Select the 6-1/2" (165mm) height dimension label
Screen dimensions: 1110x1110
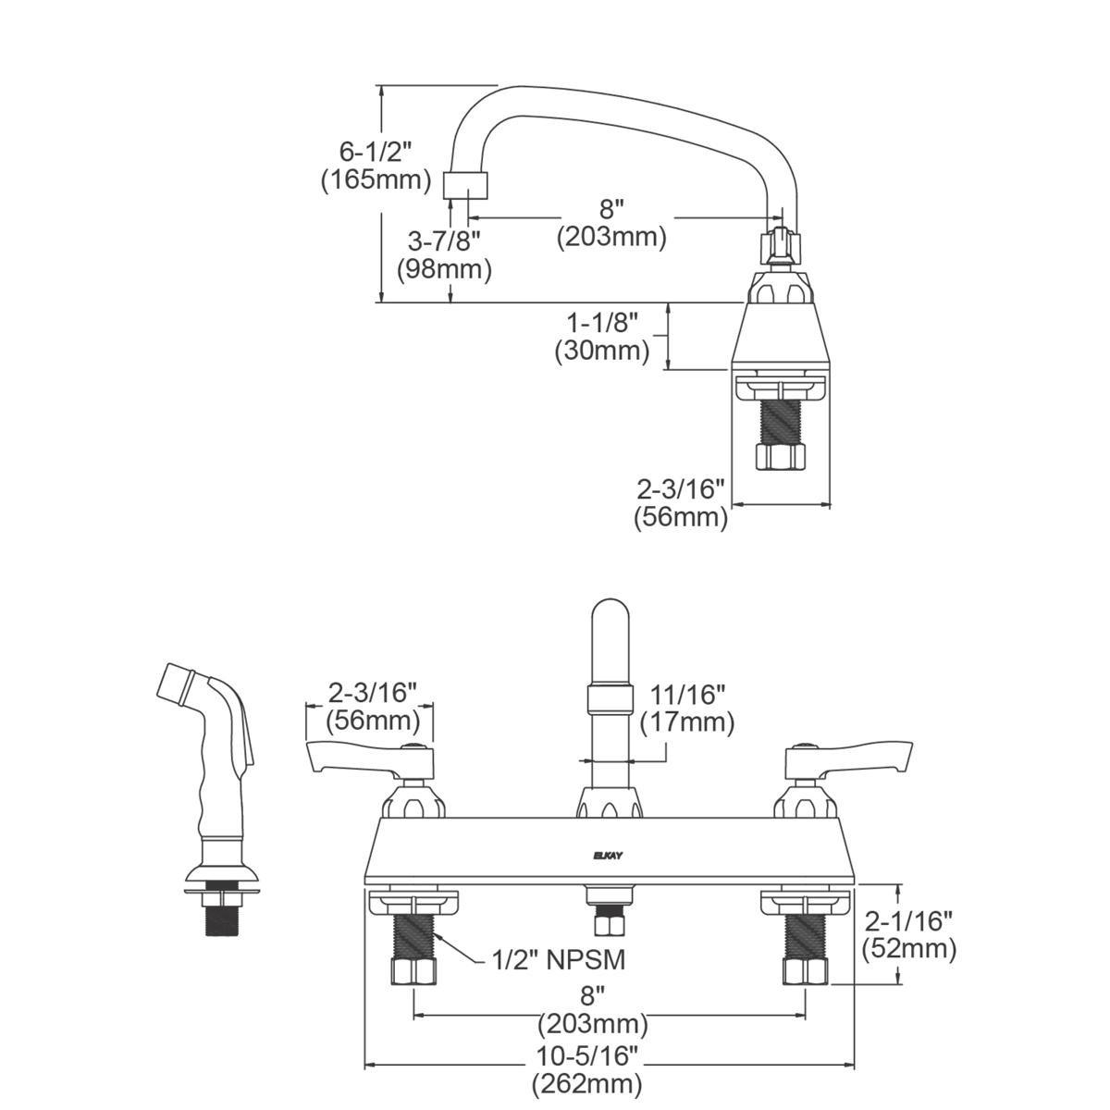coord(376,164)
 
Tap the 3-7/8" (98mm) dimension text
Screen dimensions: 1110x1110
coord(444,255)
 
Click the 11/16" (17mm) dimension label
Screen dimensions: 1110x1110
coord(686,708)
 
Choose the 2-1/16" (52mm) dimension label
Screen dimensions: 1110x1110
coord(907,933)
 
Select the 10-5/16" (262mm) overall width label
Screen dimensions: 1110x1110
coord(587,1068)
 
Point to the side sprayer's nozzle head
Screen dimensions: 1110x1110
coord(176,682)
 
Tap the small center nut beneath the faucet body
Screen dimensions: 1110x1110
coord(608,924)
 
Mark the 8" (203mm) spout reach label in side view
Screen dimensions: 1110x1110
coord(611,222)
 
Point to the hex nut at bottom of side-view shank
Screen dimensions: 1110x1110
coord(781,456)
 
